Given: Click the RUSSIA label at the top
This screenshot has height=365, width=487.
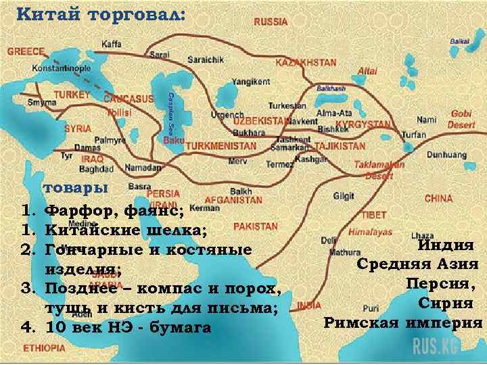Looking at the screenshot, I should [271, 22].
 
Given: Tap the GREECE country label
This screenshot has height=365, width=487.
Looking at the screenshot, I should [26, 51].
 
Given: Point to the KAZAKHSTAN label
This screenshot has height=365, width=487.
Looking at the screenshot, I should [306, 62].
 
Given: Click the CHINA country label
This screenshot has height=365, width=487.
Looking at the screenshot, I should [438, 199].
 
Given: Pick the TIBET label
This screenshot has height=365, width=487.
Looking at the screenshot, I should [374, 214].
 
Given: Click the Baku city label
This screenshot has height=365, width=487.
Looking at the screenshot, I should [174, 141].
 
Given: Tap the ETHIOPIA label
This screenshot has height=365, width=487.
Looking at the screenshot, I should [45, 348].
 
